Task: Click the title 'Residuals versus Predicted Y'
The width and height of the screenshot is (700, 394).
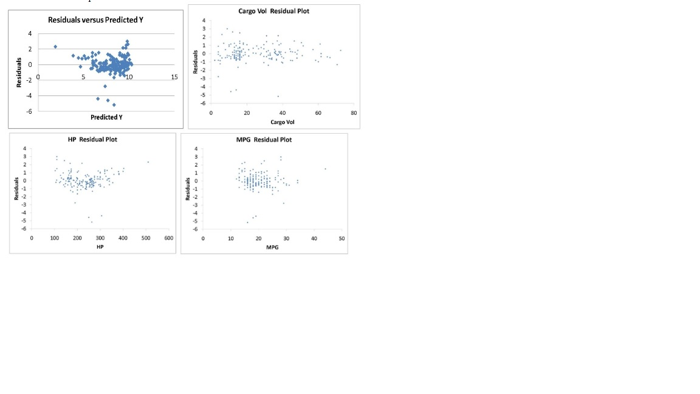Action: point(96,20)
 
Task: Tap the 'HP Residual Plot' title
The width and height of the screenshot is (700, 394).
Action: point(92,139)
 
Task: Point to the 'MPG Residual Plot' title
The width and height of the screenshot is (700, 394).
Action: point(264,140)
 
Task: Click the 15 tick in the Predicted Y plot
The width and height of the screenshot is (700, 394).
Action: point(174,77)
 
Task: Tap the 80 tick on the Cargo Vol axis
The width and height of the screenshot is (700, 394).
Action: point(354,113)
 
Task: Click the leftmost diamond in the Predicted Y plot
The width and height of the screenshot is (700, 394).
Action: point(55,46)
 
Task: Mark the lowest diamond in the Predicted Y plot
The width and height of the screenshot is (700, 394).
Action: point(114,105)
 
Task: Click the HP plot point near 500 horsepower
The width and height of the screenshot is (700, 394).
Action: point(148,162)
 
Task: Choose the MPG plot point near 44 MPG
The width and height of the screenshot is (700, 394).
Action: point(325,169)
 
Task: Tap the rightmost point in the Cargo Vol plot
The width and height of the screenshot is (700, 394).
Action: point(340,50)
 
